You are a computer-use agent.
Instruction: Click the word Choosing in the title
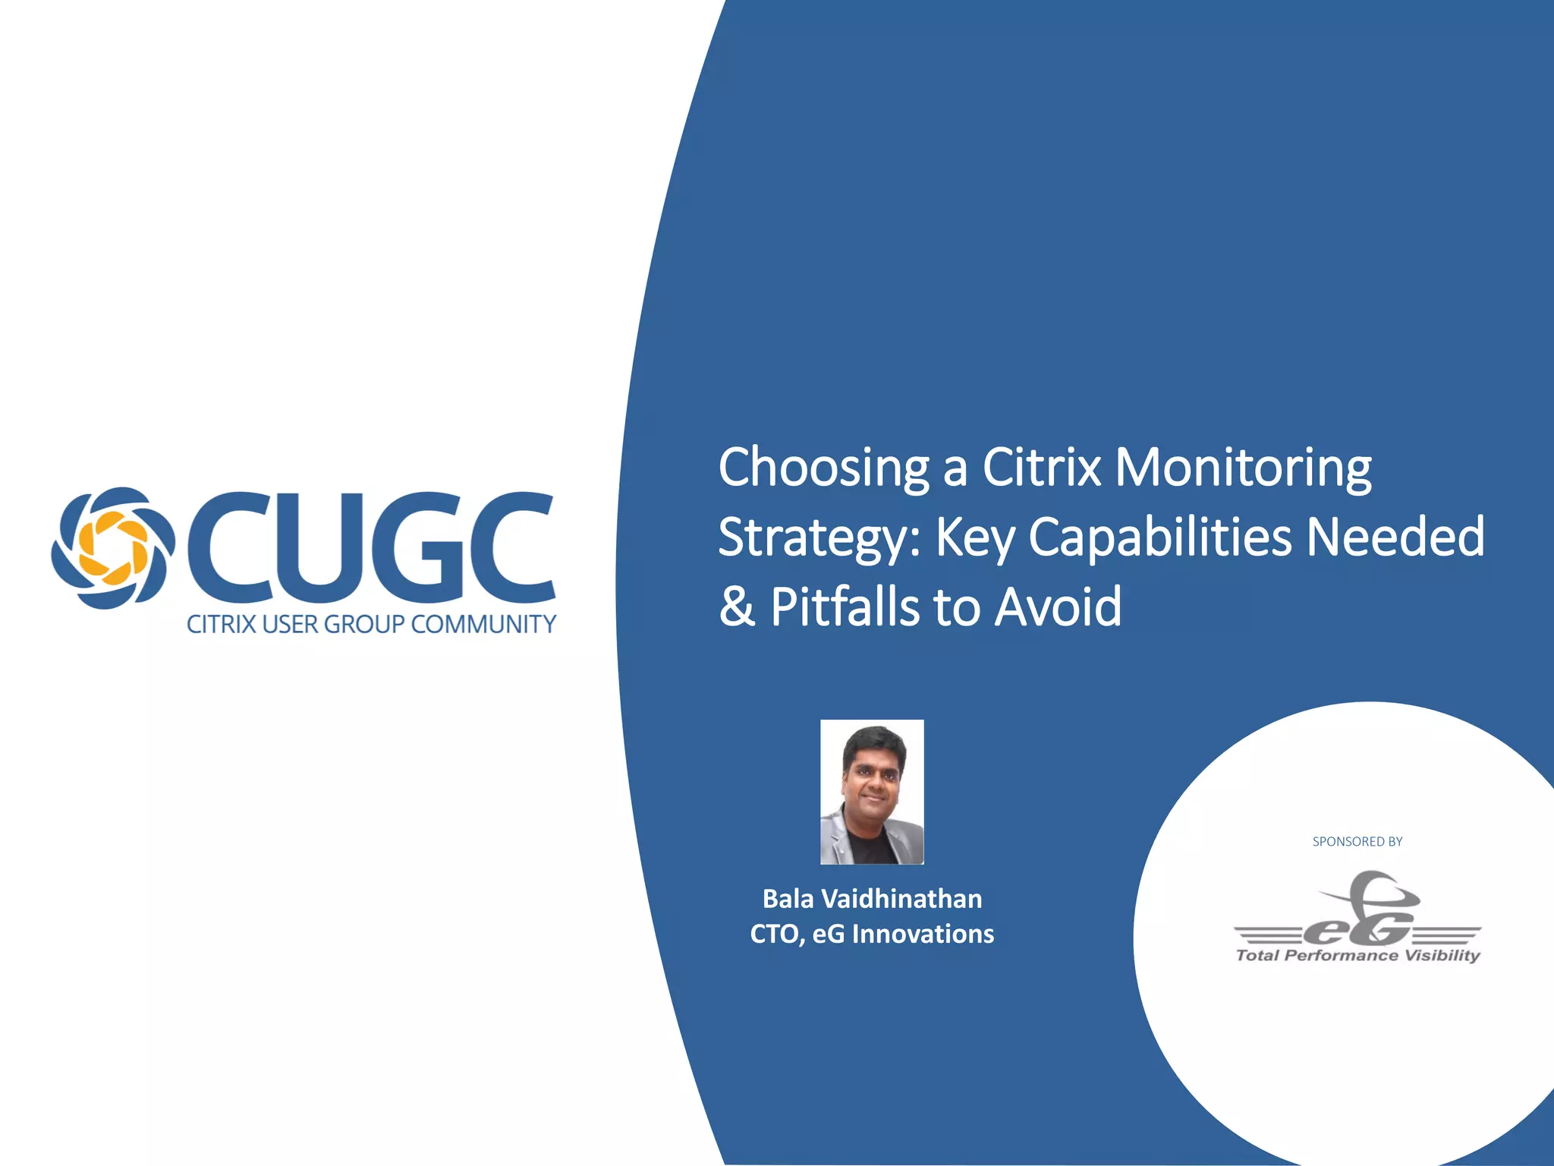coord(823,469)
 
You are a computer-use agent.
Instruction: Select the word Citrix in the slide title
coord(1041,468)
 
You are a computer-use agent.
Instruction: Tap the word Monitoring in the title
coord(1243,469)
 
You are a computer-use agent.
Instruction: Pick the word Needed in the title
coord(1396,536)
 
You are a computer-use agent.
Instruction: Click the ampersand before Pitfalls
coord(737,607)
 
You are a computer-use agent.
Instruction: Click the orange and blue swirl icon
coord(113,548)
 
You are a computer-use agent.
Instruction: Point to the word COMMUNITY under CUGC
coord(484,624)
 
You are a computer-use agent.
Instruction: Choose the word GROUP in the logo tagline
coord(364,624)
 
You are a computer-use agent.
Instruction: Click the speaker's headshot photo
coord(872,792)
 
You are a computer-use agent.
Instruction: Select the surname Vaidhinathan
coord(902,899)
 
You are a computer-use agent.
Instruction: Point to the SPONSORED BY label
coord(1357,841)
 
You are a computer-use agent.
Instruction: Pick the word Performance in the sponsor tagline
coord(1341,956)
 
